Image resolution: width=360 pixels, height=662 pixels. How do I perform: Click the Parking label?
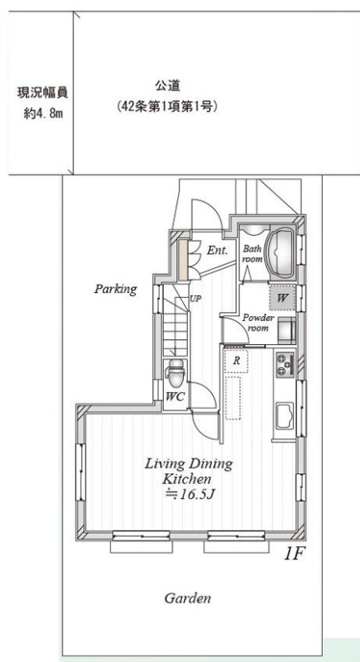point(116,289)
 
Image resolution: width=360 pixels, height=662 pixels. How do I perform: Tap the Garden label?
point(187,597)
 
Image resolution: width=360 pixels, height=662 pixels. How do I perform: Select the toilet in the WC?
point(175,371)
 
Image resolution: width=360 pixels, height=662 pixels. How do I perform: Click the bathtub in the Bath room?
point(282,254)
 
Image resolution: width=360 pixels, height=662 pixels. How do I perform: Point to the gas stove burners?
point(285,365)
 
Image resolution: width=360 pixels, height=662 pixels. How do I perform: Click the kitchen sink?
point(285,415)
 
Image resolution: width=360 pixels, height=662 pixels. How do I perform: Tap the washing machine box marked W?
point(282,298)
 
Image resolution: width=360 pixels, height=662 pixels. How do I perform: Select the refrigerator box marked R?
point(237,361)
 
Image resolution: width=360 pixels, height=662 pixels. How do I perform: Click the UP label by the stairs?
point(195,299)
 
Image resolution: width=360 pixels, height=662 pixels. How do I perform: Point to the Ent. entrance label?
point(218,250)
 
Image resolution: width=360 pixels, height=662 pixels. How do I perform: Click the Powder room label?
point(258,323)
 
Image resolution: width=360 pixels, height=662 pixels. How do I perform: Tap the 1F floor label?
point(293,554)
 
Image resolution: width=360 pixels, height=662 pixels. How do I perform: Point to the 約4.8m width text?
point(43,113)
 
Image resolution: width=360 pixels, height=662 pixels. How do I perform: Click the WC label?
point(175,396)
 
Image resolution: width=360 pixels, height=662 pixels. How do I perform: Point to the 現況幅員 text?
point(42,92)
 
